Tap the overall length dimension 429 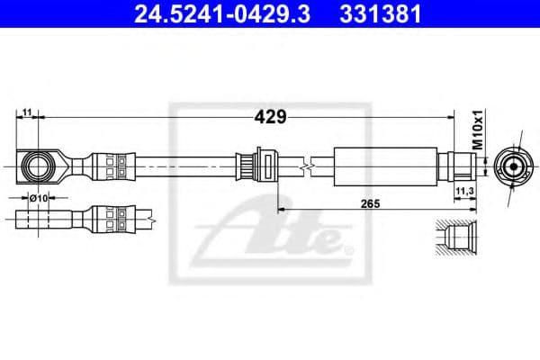coord(270,117)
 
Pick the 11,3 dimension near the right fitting coord(465,192)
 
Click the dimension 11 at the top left coord(29,112)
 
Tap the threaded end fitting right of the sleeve coord(455,166)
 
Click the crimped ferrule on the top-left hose coord(112,166)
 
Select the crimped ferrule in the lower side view coord(112,218)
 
